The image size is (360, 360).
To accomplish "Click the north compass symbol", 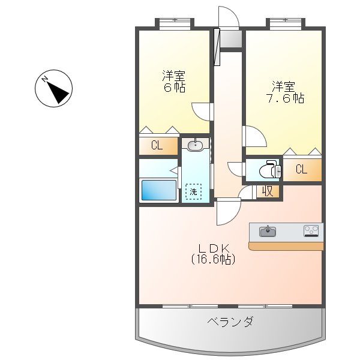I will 54,90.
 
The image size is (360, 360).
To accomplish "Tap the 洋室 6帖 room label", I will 174,81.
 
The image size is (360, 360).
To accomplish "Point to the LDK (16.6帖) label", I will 212,254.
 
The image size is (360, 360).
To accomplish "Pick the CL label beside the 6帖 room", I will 157,145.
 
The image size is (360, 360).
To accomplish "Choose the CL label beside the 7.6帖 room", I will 301,170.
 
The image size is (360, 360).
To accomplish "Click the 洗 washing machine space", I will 194,192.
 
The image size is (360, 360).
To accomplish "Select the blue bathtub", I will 159,190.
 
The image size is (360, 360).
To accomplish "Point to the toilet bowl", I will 268,171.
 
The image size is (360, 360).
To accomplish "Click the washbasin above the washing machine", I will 196,145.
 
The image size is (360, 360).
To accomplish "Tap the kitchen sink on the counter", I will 268,231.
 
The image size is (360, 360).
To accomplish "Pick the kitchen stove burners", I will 311,230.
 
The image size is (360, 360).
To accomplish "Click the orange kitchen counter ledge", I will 286,246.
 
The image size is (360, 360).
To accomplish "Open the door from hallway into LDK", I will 228,211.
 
